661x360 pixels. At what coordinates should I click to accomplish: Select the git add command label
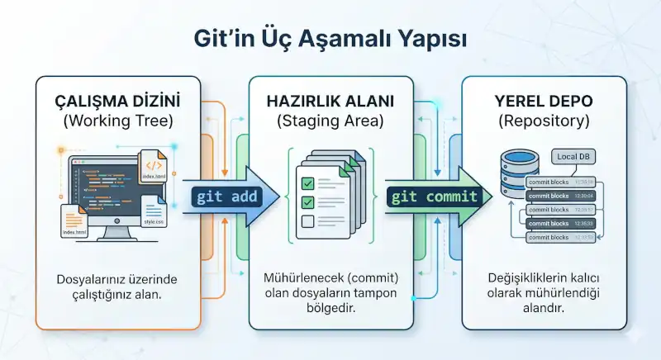point(226,197)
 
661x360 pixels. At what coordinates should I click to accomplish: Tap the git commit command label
point(435,197)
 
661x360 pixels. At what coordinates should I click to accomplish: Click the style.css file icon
point(154,212)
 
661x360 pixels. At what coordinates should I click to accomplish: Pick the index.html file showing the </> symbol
point(157,170)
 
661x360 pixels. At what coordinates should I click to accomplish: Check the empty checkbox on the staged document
point(307,220)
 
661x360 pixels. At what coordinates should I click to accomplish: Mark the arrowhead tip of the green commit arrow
point(493,197)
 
